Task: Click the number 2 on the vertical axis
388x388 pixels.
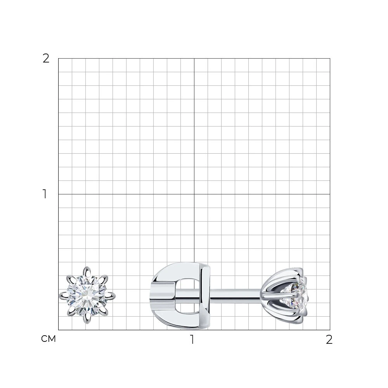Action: pyautogui.click(x=46, y=59)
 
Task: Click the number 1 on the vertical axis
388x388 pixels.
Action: pyautogui.click(x=45, y=194)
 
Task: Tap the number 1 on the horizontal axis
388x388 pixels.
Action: pyautogui.click(x=192, y=339)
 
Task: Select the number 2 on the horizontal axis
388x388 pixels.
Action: pyautogui.click(x=329, y=339)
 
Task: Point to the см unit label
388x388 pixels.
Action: pyautogui.click(x=48, y=339)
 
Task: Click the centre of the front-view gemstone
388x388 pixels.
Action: pyautogui.click(x=87, y=295)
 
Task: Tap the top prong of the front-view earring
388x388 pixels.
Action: pyautogui.click(x=87, y=272)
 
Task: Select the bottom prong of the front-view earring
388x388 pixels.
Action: pyautogui.click(x=87, y=319)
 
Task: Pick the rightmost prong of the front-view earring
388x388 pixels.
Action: pyautogui.click(x=110, y=295)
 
